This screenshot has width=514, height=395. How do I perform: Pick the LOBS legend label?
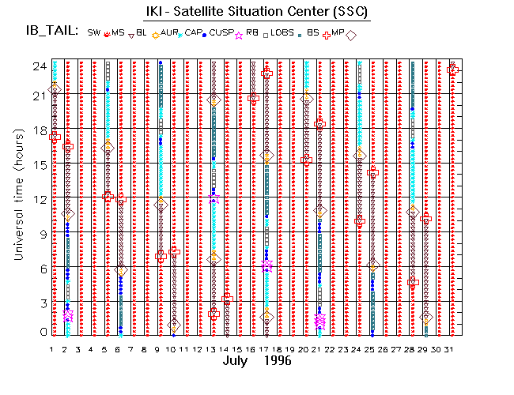click(282, 32)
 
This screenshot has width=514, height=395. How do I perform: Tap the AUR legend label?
click(169, 32)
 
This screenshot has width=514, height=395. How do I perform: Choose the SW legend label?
click(94, 32)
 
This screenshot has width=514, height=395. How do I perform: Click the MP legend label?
click(338, 32)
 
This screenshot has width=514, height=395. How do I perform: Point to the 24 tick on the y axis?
click(36, 66)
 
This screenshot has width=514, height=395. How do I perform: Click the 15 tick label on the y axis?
click(36, 164)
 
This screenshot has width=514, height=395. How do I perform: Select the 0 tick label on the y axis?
click(40, 333)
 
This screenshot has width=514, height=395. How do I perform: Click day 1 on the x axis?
click(52, 348)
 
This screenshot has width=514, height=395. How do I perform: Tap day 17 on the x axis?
click(266, 348)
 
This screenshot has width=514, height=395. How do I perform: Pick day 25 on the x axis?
click(372, 348)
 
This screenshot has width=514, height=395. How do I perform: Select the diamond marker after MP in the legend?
click(351, 35)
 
